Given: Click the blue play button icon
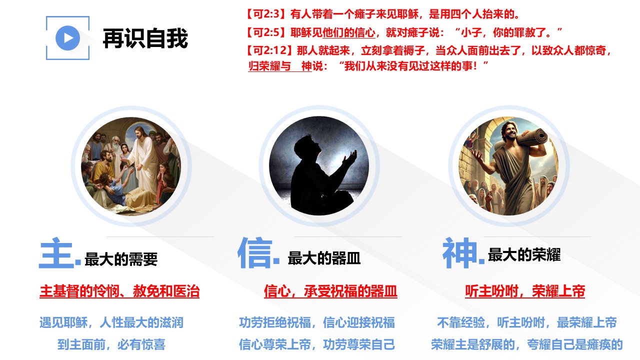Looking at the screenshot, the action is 67,38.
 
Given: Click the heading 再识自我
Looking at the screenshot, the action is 145,38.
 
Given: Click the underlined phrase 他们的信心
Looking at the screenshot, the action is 349,33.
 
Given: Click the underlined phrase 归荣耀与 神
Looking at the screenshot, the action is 280,66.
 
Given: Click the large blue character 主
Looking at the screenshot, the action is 56,253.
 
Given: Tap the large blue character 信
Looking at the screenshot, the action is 255,252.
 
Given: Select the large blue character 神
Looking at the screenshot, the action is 459,252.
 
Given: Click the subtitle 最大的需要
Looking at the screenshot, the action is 121,259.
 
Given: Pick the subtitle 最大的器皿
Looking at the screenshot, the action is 324,257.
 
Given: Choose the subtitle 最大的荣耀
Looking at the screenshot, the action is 524,254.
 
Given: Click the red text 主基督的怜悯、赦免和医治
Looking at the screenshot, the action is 119,291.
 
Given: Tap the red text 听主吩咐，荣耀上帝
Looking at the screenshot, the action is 525,291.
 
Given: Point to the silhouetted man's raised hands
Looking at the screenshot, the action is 350,159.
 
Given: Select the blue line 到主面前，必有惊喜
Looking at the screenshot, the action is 111,344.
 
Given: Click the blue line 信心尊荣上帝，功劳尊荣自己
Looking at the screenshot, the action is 317,344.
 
